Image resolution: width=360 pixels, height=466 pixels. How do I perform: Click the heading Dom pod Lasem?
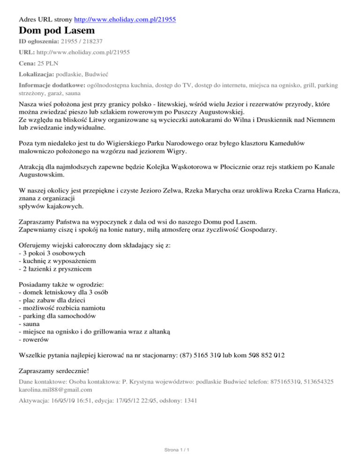coord(57,31)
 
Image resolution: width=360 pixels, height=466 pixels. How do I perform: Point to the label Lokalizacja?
coord(36,74)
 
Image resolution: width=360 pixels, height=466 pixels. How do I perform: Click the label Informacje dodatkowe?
coord(52,85)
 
